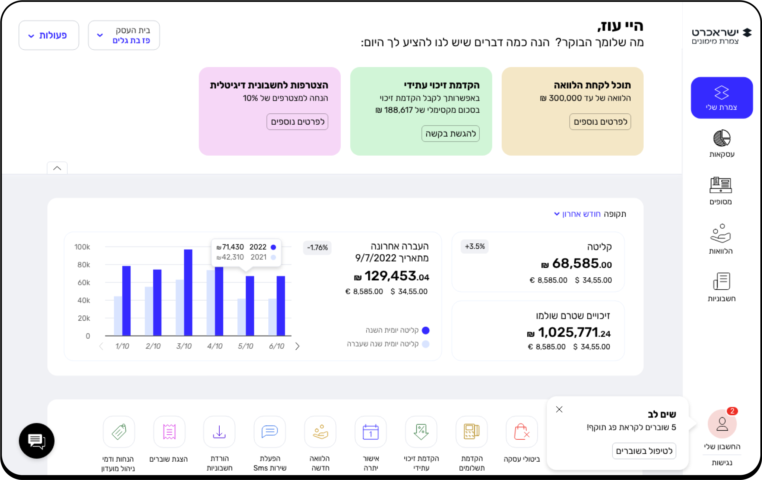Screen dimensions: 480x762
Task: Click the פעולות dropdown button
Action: click(x=49, y=35)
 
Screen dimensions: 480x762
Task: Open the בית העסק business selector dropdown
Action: click(x=124, y=35)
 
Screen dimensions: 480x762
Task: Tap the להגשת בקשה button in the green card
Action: click(x=450, y=134)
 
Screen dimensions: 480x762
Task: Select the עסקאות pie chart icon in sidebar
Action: click(x=722, y=138)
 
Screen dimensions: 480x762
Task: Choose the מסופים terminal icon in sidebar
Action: click(x=721, y=185)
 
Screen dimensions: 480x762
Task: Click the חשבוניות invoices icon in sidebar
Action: click(x=722, y=281)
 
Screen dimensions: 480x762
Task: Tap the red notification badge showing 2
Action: click(x=732, y=411)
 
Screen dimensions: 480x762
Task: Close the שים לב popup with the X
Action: click(x=559, y=409)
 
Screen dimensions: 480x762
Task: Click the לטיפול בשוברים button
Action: click(x=644, y=451)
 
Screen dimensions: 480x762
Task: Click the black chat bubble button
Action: click(x=37, y=441)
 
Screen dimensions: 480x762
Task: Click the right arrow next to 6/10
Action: click(x=297, y=346)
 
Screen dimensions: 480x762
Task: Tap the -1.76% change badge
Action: click(x=317, y=248)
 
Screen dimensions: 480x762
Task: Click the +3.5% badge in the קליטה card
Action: click(x=475, y=246)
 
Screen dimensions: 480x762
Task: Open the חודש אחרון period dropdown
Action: click(x=578, y=214)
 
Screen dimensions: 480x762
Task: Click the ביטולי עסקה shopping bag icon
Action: click(x=521, y=432)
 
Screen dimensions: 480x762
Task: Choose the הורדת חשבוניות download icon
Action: click(x=219, y=432)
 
